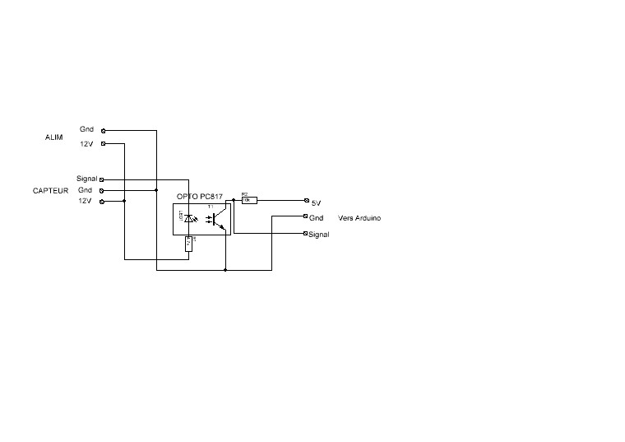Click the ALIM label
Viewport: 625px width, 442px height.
click(53, 137)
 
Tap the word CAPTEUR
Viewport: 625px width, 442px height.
click(49, 190)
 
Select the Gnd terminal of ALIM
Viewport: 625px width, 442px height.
click(103, 130)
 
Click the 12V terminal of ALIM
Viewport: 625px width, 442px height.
click(103, 144)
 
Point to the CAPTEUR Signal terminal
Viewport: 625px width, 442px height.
click(101, 179)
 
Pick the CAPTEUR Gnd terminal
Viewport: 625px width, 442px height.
click(102, 190)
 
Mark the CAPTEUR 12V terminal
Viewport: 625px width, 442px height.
click(102, 201)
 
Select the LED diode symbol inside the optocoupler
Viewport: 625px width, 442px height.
click(190, 218)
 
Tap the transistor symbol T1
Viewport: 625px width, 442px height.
click(216, 220)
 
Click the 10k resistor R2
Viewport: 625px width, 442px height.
click(248, 200)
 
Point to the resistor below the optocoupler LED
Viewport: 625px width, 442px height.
click(189, 243)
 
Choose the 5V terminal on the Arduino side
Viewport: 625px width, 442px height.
click(306, 201)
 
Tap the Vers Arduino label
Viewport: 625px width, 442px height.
click(359, 218)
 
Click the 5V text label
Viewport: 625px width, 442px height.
click(317, 202)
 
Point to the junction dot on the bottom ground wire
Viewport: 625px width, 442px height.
click(225, 269)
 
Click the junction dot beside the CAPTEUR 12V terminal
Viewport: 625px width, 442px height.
click(124, 201)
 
